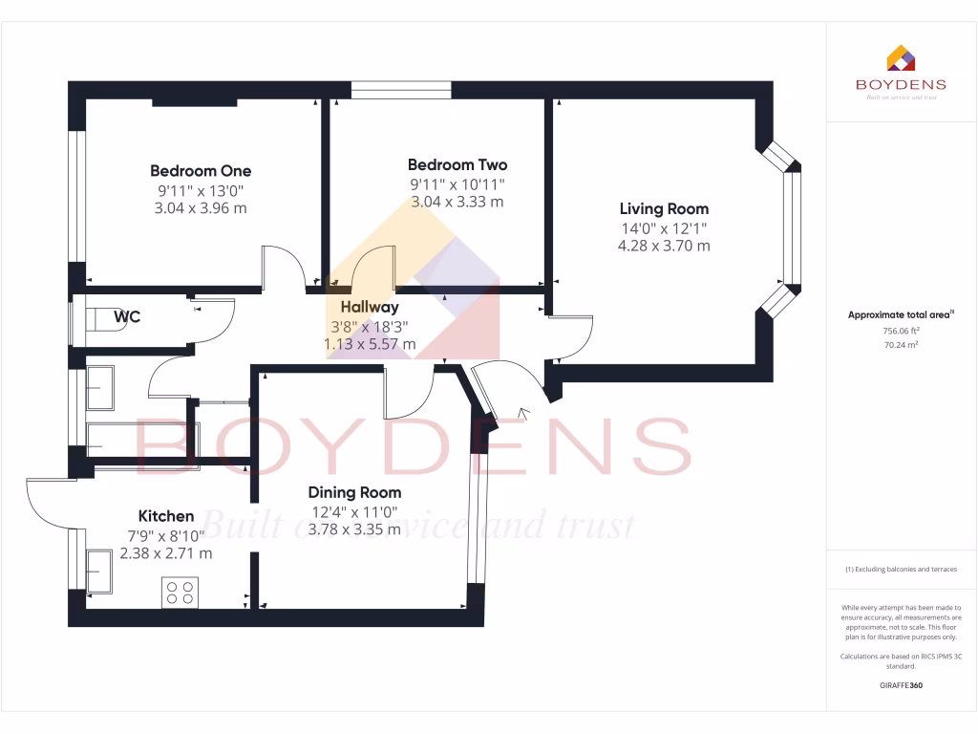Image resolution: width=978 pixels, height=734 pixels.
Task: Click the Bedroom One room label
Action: (x=201, y=171)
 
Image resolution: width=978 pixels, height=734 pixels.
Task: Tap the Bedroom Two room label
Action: (x=457, y=165)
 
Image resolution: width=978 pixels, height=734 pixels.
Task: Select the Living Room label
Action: (x=664, y=208)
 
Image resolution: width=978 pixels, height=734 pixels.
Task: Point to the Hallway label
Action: (x=370, y=308)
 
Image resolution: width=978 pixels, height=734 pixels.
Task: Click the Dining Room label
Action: (x=353, y=493)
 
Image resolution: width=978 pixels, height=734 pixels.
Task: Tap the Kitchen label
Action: (x=166, y=516)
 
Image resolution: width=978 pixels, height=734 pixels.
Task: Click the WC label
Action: (x=127, y=316)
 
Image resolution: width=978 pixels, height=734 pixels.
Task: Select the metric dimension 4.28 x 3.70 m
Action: (x=664, y=246)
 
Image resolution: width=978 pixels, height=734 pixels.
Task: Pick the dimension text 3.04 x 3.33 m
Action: (x=457, y=202)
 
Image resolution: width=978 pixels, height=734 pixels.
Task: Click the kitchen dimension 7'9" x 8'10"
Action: (x=166, y=535)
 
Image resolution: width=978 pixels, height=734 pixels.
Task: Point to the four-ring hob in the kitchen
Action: (x=181, y=593)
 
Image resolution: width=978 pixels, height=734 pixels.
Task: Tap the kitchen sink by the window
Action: (x=100, y=572)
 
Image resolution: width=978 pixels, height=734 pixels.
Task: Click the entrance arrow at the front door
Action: (x=522, y=414)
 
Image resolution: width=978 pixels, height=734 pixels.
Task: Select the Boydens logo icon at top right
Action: (x=902, y=58)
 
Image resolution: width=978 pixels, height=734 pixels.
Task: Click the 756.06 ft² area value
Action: (x=902, y=331)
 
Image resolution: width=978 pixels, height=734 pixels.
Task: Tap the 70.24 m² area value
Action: (x=902, y=345)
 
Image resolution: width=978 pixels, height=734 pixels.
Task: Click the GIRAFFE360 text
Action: (x=902, y=685)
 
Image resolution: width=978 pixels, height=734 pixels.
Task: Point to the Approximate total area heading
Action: (x=902, y=314)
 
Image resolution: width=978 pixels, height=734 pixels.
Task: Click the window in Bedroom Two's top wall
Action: (x=401, y=90)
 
